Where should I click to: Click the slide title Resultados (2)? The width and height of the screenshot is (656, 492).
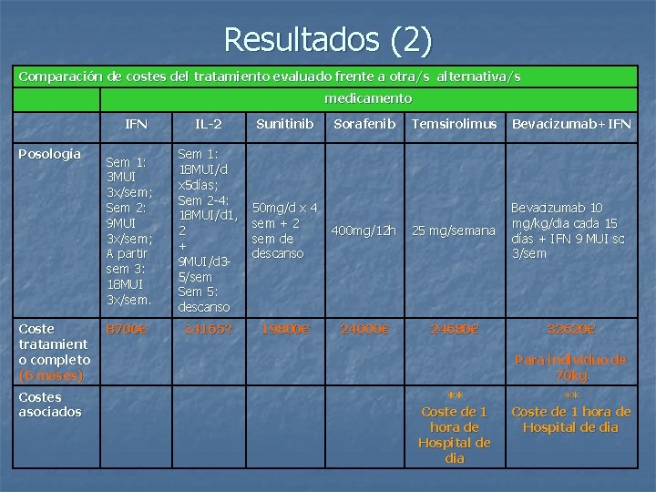pyautogui.click(x=328, y=39)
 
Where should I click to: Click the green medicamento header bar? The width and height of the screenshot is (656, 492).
pyautogui.click(x=368, y=98)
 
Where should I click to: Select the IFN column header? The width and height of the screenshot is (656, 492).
pyautogui.click(x=136, y=123)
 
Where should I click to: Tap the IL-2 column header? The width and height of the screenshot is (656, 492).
pyautogui.click(x=208, y=123)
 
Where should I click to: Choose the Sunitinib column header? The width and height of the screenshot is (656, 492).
pyautogui.click(x=284, y=123)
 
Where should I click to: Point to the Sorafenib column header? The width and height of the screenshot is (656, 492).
pyautogui.click(x=364, y=123)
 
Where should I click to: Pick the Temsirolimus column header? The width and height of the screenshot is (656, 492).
pyautogui.click(x=454, y=123)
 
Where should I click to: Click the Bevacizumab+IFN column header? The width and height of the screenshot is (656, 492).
pyautogui.click(x=571, y=123)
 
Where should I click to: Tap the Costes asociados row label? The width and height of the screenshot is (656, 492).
pyautogui.click(x=50, y=404)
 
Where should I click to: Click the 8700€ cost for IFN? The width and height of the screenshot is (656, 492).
pyautogui.click(x=127, y=329)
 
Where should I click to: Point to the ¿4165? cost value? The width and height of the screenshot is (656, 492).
pyautogui.click(x=205, y=329)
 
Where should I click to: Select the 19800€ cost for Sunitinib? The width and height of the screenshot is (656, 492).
pyautogui.click(x=284, y=329)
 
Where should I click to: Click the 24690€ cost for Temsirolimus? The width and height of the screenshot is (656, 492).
pyautogui.click(x=454, y=329)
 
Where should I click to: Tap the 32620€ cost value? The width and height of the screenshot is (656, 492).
pyautogui.click(x=571, y=329)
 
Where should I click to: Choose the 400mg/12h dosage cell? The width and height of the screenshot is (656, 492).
pyautogui.click(x=364, y=231)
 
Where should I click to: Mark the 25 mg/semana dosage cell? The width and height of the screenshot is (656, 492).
pyautogui.click(x=454, y=231)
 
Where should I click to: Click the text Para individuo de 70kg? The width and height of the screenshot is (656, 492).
pyautogui.click(x=571, y=367)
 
